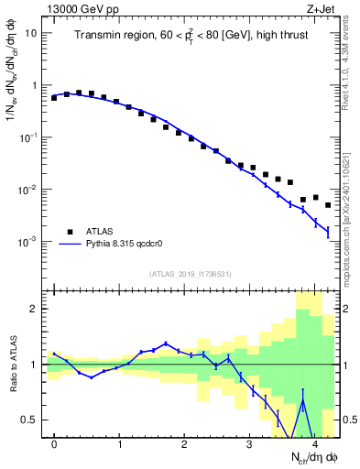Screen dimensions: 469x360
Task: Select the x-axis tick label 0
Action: pyautogui.click(x=55, y=444)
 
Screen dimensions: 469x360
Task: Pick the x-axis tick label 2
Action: pyautogui.click(x=185, y=444)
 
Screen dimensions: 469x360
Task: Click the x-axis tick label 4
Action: pyautogui.click(x=315, y=444)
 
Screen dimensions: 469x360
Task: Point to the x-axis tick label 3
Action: pyautogui.click(x=250, y=444)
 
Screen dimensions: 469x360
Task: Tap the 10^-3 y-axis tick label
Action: pyautogui.click(x=28, y=242)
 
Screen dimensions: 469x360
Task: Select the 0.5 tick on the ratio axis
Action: pyautogui.click(x=31, y=420)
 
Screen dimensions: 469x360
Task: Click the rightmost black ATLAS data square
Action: pyautogui.click(x=328, y=205)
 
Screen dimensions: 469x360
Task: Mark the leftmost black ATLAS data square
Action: pyautogui.click(x=54, y=97)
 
